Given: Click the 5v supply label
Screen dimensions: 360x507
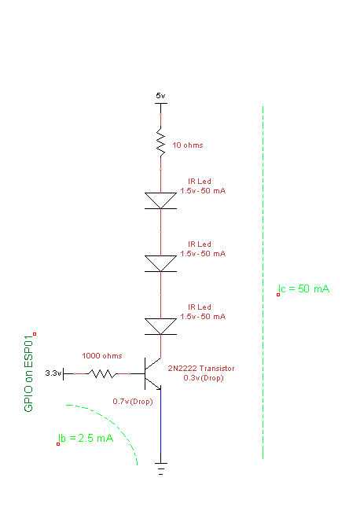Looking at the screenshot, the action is click(x=160, y=95).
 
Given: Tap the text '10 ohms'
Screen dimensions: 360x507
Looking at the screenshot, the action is click(x=188, y=145).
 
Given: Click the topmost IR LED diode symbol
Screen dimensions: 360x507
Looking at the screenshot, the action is click(x=161, y=200).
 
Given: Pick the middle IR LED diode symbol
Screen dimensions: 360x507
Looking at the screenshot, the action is click(x=161, y=263).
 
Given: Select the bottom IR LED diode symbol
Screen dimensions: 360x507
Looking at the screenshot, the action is click(x=161, y=326).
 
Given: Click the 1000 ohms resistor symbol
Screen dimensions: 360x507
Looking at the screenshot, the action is click(x=102, y=374).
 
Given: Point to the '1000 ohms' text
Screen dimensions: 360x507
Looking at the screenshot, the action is click(x=102, y=355).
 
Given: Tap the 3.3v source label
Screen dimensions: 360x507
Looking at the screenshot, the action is click(x=53, y=373).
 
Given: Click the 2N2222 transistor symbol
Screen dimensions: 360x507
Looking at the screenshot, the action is click(x=152, y=373).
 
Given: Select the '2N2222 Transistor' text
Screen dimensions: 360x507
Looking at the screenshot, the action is click(x=201, y=369).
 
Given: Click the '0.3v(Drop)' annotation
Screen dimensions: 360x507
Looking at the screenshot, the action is click(x=204, y=377).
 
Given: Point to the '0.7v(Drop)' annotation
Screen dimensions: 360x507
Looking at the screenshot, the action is click(x=133, y=401).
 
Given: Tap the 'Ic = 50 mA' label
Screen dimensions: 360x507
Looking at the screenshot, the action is click(x=303, y=288).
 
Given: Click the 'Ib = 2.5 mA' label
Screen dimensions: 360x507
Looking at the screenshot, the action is click(x=86, y=438).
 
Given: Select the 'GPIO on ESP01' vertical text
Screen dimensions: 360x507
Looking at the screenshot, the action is click(x=28, y=373).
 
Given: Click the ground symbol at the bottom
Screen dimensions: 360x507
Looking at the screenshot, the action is click(x=161, y=468).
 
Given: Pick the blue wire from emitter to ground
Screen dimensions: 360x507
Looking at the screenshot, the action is click(x=161, y=426).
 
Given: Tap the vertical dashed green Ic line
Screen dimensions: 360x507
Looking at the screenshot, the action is click(x=263, y=282).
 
